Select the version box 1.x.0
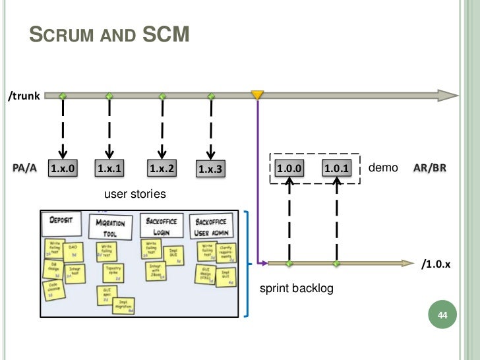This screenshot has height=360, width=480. coord(63,169)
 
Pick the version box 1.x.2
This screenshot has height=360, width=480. coord(162,169)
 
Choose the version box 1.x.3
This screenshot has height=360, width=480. coord(211,169)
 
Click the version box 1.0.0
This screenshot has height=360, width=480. coord(289,169)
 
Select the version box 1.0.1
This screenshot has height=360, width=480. coord(337,169)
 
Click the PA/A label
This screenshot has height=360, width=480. coord(25,168)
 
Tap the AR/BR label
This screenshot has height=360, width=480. coord(430,168)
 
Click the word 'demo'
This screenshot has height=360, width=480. coord(383,168)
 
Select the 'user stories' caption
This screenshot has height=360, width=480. coord(135,195)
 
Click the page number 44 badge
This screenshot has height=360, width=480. coord(442,318)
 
